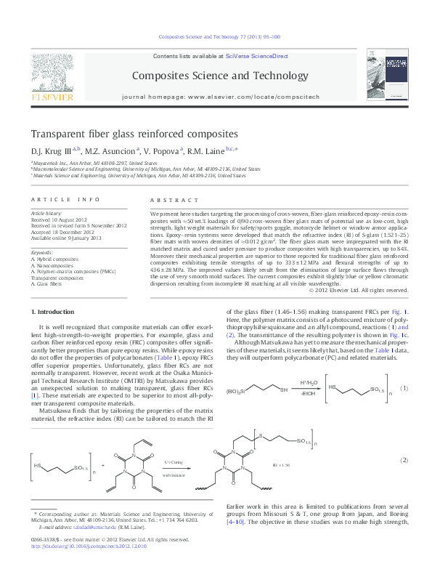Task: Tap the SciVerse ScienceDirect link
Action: [x=256, y=56]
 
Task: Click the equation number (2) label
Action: [x=404, y=460]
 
